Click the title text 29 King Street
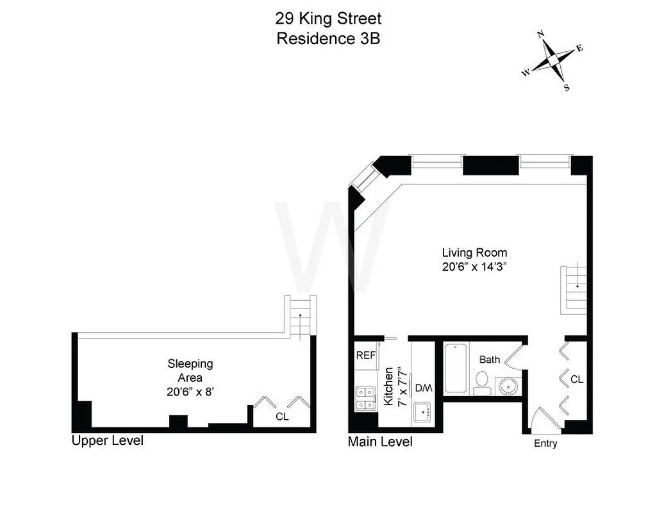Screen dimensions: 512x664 328,19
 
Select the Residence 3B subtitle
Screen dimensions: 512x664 328,38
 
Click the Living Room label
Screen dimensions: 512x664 474,253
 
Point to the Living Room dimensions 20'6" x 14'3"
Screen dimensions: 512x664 474,268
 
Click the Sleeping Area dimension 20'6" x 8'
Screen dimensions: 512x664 190,391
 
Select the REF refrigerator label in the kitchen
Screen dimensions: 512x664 366,355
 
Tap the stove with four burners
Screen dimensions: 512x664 366,398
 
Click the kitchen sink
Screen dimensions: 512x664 423,413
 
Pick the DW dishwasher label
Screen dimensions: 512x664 423,388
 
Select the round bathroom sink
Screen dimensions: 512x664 508,387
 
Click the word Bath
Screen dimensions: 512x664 489,360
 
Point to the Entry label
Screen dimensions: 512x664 545,444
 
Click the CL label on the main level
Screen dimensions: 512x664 576,380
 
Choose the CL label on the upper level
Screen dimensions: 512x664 282,417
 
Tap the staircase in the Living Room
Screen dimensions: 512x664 574,289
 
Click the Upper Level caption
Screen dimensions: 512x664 107,441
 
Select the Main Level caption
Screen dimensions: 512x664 380,442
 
